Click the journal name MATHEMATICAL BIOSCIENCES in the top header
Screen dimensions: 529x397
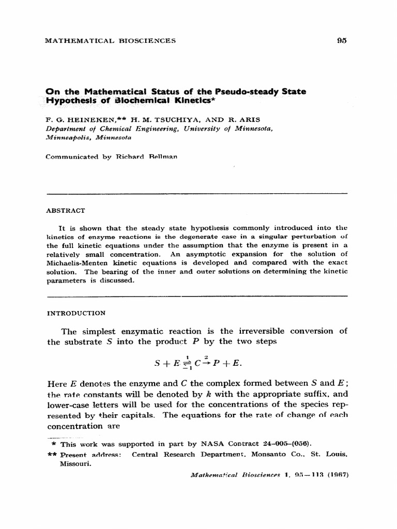pyautogui.click(x=111, y=41)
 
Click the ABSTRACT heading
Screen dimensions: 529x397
pyautogui.click(x=66, y=211)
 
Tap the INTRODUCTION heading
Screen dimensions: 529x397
pyautogui.click(x=77, y=313)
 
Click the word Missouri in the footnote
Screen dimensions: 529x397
pyautogui.click(x=75, y=464)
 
